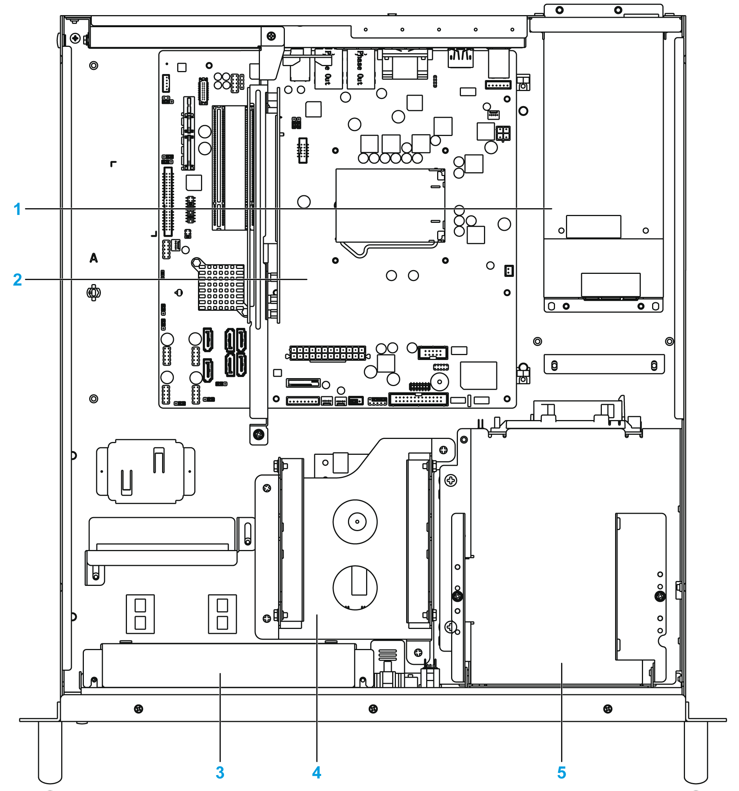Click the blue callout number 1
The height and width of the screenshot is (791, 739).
click(x=17, y=209)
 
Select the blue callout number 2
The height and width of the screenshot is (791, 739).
click(x=17, y=280)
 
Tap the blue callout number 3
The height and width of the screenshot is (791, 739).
click(x=220, y=772)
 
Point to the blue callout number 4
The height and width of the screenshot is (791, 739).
click(x=317, y=772)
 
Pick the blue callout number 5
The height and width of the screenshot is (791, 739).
click(x=561, y=772)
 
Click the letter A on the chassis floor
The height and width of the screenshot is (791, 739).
click(x=94, y=258)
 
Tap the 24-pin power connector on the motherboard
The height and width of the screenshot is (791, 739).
click(x=327, y=353)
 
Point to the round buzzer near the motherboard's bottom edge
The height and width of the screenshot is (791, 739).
click(x=439, y=382)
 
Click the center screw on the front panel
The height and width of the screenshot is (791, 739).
click(x=373, y=709)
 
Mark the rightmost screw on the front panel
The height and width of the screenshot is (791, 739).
click(x=608, y=709)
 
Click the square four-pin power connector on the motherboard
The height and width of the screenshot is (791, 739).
click(x=503, y=133)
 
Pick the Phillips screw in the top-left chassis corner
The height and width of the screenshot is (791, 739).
click(x=75, y=39)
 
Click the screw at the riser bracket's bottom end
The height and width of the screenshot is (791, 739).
click(x=259, y=434)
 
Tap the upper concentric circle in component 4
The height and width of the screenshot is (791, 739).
click(x=355, y=522)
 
